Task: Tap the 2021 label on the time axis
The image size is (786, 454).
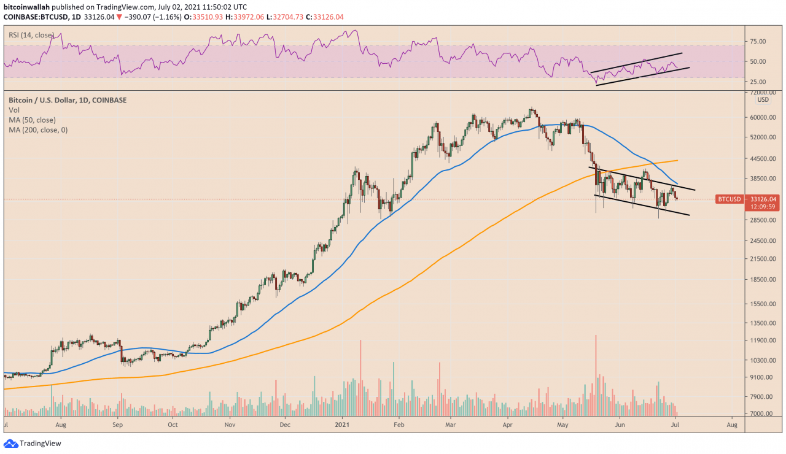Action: (x=342, y=424)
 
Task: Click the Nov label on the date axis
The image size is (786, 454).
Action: (x=230, y=424)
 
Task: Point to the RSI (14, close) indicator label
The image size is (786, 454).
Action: (x=31, y=35)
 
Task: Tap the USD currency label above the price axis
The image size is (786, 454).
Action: (x=763, y=99)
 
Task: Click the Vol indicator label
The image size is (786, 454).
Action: (x=14, y=110)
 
